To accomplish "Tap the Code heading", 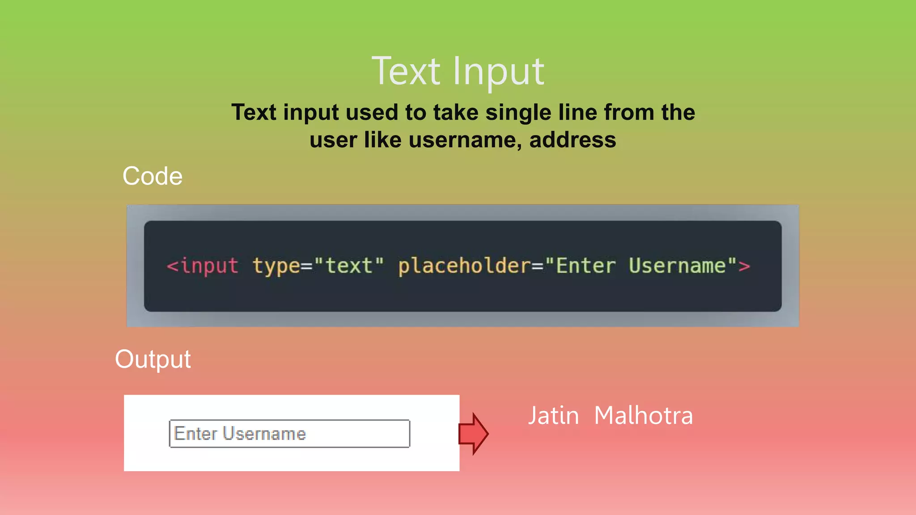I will pyautogui.click(x=153, y=176).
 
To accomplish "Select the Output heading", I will pyautogui.click(x=153, y=359).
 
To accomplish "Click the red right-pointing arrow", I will pyautogui.click(x=474, y=434).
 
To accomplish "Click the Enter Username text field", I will pyautogui.click(x=289, y=434).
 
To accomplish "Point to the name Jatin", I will pyautogui.click(x=553, y=416).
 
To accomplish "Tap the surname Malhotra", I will pyautogui.click(x=644, y=416).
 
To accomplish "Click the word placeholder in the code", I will pyautogui.click(x=464, y=266).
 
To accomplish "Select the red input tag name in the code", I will pyautogui.click(x=209, y=266).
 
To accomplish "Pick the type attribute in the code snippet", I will pyautogui.click(x=276, y=266).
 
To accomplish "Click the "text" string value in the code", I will pyautogui.click(x=349, y=266).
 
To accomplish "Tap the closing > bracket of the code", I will pyautogui.click(x=744, y=266).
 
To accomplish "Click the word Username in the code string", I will pyautogui.click(x=677, y=266).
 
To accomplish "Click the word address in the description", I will pyautogui.click(x=572, y=140).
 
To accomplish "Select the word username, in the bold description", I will pyautogui.click(x=465, y=140).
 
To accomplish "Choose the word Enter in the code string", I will pyautogui.click(x=585, y=266).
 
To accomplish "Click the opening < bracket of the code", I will pyautogui.click(x=173, y=266).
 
